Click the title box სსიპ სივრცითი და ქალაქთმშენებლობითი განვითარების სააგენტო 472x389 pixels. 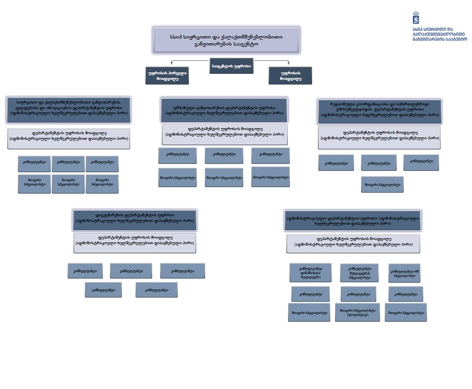coord(226,40)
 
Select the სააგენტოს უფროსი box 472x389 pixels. coord(231,66)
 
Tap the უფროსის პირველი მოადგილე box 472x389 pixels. coord(167,76)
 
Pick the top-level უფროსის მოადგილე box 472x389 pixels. coord(290,76)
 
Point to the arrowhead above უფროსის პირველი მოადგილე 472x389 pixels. coord(172,63)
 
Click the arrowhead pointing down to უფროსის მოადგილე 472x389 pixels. coord(289,63)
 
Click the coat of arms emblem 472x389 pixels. coord(416,18)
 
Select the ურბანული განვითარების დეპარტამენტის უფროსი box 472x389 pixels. coord(224,110)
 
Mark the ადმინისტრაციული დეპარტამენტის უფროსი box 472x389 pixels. coord(352,220)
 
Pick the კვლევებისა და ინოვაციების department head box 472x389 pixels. coord(68,110)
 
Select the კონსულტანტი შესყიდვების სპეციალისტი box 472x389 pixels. coord(359,273)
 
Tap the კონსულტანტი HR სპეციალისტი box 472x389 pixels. coord(404,273)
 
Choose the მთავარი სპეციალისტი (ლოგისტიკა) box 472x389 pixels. coord(357,312)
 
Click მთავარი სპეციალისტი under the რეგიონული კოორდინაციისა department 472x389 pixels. coord(382,184)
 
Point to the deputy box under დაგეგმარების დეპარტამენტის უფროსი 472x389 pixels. coord(135,243)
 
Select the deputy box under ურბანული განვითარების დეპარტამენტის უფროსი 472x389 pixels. coord(225,135)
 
